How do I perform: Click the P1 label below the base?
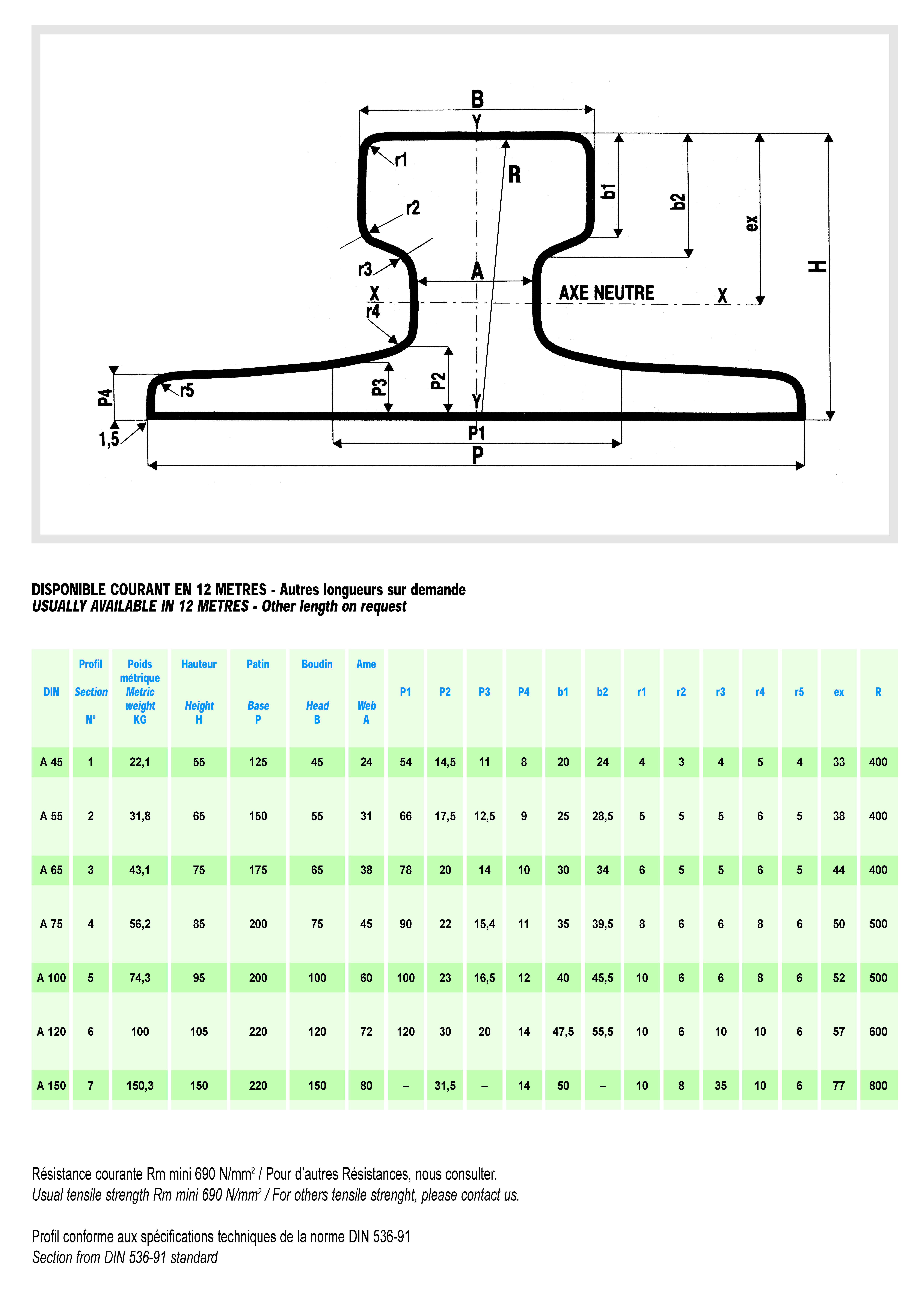tap(476, 433)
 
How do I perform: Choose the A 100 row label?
tap(51, 978)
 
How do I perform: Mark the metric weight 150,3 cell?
tap(140, 1086)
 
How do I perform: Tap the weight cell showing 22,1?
tap(140, 762)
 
